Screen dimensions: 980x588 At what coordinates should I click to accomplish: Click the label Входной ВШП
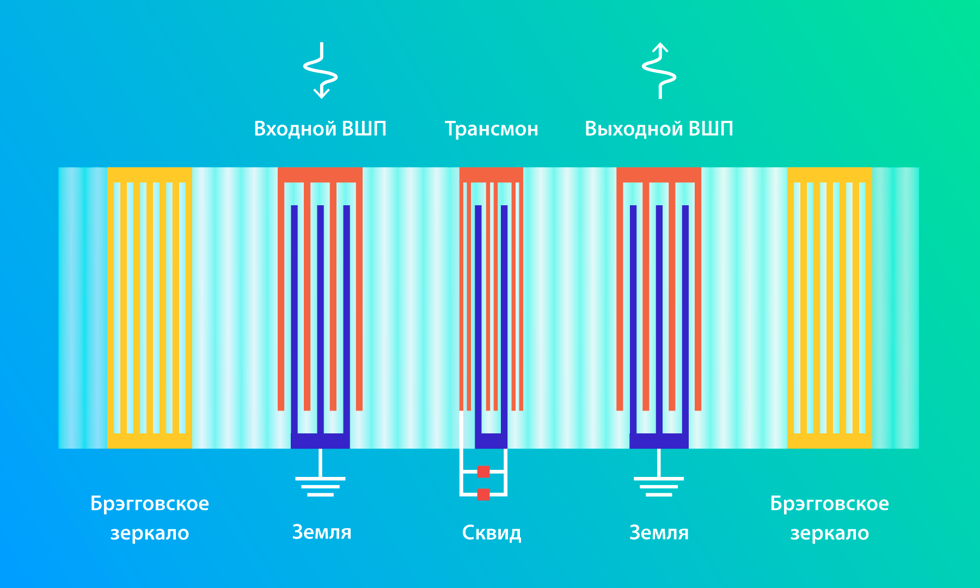320,128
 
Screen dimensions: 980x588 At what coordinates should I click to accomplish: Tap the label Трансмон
492,129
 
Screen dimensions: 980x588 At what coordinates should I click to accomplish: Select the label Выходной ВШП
659,128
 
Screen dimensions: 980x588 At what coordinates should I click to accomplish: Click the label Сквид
492,532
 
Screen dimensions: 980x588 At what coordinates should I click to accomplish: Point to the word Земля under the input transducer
322,532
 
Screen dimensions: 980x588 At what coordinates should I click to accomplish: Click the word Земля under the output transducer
659,532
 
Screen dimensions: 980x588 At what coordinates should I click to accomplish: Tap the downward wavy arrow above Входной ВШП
321,70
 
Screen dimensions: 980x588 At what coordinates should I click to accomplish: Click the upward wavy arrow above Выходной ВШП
659,70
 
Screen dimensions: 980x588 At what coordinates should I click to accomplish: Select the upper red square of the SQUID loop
483,471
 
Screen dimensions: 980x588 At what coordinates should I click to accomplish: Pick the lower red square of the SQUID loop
483,494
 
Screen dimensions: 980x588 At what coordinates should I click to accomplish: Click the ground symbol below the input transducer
320,479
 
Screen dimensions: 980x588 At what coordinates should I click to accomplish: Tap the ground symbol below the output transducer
659,479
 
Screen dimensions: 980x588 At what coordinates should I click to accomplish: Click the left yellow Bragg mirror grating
150,308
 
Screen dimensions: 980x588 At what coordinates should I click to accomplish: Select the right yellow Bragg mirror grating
829,308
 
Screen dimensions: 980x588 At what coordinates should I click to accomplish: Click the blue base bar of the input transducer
320,441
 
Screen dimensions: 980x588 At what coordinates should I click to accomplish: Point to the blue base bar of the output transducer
659,441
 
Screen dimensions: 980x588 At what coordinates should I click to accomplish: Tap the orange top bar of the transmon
491,175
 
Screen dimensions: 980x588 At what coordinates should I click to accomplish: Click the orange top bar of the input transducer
320,175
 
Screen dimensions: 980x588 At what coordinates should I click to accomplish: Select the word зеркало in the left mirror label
150,533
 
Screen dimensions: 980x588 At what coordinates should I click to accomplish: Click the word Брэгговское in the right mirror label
829,504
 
